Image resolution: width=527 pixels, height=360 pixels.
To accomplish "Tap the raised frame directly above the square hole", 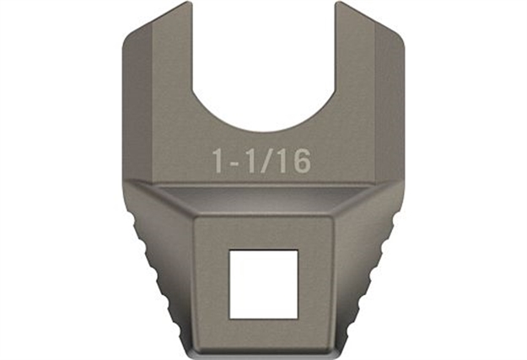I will coord(263,234).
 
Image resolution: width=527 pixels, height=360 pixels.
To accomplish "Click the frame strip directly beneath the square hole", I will coord(263,332).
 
